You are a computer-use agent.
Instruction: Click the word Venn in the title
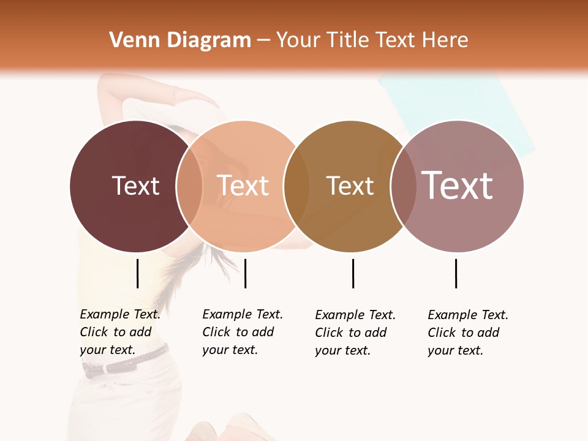pos(127,40)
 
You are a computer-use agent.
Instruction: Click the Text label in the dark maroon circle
pos(135,186)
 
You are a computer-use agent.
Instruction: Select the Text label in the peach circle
pos(243,186)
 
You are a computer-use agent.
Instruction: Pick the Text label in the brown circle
pos(350,186)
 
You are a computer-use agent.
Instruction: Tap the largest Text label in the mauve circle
pos(458,186)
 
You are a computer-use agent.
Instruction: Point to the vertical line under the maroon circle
pos(137,273)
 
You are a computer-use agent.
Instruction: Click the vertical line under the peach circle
pos(245,273)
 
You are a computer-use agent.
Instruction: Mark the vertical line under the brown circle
pos(353,273)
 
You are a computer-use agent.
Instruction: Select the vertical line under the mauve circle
pos(456,273)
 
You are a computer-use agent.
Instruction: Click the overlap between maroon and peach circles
pos(189,186)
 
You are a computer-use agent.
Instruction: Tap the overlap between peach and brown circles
pos(296,186)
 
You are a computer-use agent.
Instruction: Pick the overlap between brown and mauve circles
pos(403,186)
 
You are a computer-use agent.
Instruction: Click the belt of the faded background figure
pos(123,365)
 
